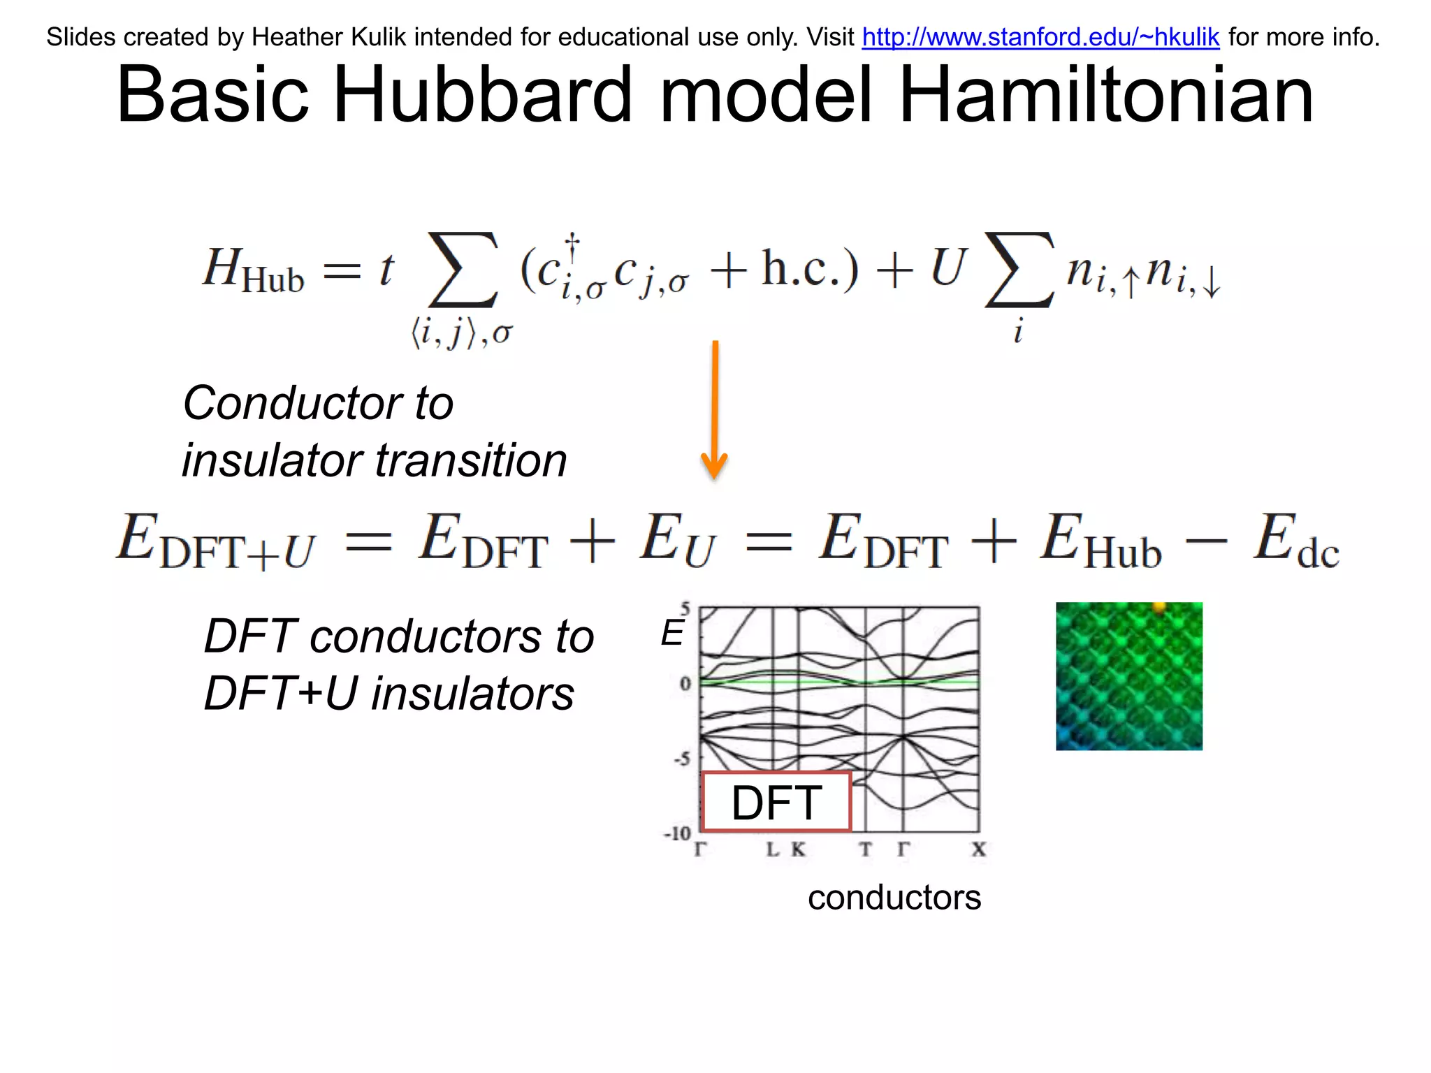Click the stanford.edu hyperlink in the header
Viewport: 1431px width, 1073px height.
1040,37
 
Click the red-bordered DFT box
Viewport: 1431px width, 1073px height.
776,802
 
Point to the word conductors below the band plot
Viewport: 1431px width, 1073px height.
894,897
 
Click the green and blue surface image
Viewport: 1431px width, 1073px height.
1128,676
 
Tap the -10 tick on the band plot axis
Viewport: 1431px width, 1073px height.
677,833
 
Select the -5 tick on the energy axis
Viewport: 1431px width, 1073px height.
682,759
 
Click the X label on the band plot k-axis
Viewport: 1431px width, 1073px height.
978,849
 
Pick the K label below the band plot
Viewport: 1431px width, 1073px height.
798,849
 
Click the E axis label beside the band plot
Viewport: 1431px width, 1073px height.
672,634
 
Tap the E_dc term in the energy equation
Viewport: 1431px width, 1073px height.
1295,541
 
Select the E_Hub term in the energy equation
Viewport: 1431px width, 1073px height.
1101,541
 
